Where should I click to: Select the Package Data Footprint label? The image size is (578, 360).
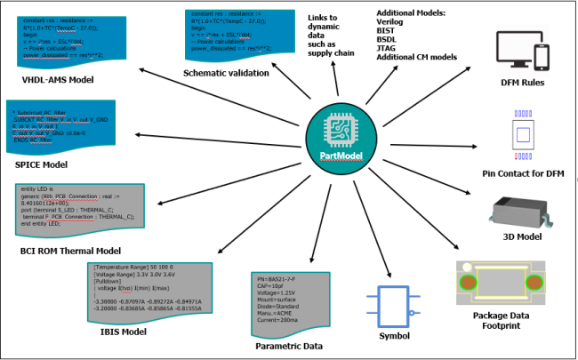click(x=507, y=320)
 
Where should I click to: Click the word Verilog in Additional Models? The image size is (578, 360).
click(x=393, y=24)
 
